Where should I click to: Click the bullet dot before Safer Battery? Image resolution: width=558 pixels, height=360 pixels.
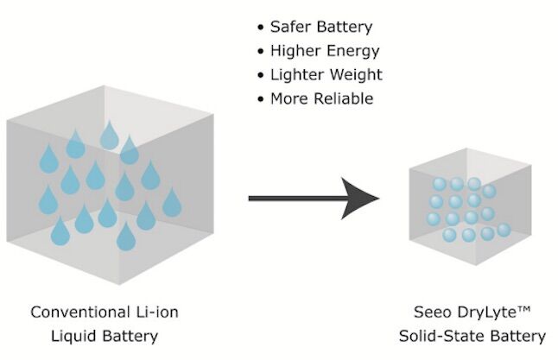(262, 27)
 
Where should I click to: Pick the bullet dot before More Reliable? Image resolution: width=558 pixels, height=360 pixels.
(262, 99)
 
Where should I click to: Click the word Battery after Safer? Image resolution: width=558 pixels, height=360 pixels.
(346, 26)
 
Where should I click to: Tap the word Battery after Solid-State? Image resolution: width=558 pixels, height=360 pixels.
(516, 335)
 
